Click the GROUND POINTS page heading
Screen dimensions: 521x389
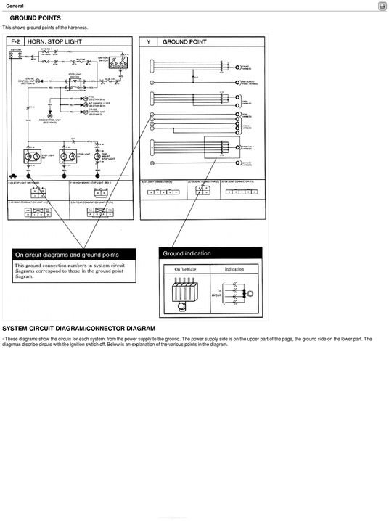(x=35, y=17)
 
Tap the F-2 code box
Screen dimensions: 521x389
(x=15, y=42)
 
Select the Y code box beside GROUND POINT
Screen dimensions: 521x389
(x=148, y=42)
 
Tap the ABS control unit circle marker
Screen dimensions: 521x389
(x=49, y=115)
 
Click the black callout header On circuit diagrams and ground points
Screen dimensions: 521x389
(x=73, y=255)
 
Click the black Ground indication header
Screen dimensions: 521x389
(x=210, y=254)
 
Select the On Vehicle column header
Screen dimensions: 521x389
(x=184, y=268)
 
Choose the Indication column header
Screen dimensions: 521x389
(x=234, y=268)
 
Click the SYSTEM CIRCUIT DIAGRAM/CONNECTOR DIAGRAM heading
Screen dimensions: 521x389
(x=79, y=329)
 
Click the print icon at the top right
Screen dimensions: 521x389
(x=382, y=6)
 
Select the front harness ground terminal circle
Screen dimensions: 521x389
(x=239, y=67)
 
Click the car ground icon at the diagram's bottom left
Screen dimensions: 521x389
(x=14, y=175)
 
